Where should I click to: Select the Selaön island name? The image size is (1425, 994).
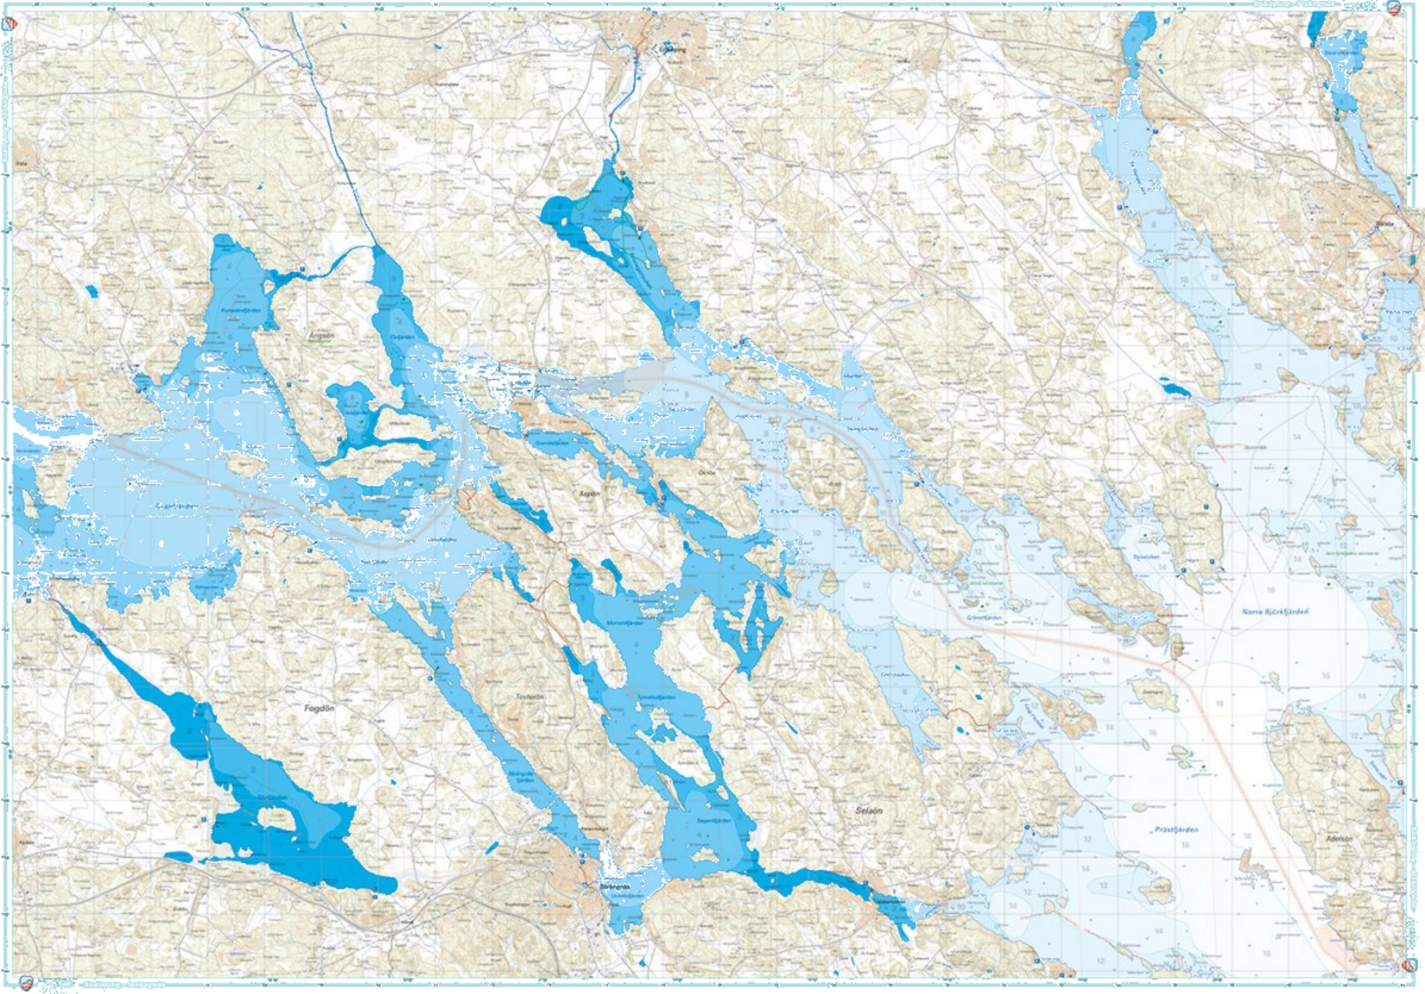[x=869, y=811]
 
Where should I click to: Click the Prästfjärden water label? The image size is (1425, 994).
[x=1176, y=830]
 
